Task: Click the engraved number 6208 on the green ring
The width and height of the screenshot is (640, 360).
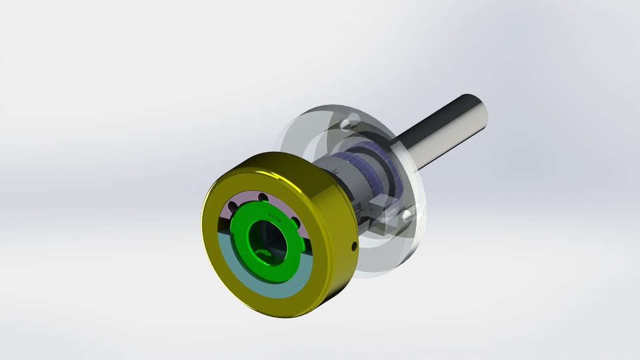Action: (x=274, y=216)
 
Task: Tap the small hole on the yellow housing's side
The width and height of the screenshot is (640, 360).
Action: (x=354, y=247)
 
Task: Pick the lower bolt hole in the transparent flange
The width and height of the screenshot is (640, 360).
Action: (x=407, y=215)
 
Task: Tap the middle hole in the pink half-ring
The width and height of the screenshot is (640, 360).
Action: (x=262, y=197)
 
